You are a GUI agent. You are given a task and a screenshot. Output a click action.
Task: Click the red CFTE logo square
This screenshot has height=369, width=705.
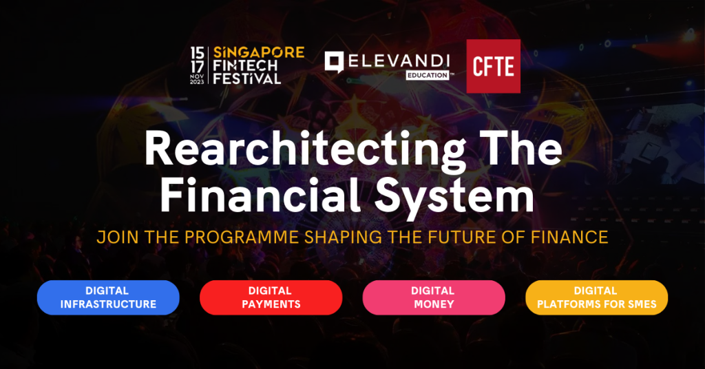tap(493, 66)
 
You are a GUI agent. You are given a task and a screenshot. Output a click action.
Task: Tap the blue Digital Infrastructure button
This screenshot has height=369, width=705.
tap(108, 297)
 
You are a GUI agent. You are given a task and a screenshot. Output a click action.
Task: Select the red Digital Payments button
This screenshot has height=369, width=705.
tap(271, 297)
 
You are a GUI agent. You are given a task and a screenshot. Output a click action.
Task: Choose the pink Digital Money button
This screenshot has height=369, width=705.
tap(434, 297)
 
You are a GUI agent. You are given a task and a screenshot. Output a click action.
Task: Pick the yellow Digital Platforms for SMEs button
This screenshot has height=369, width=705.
tap(597, 297)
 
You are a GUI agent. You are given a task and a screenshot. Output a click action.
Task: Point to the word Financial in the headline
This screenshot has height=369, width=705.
tap(260, 195)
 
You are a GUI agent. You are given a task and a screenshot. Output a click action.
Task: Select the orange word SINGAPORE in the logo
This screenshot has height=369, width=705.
tap(259, 52)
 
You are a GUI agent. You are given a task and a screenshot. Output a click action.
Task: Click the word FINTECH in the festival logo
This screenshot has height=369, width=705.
tap(245, 65)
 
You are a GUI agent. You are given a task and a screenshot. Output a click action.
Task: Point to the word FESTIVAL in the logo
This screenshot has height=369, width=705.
tap(247, 78)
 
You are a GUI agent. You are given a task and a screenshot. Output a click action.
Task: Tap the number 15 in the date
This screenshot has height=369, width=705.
tap(197, 53)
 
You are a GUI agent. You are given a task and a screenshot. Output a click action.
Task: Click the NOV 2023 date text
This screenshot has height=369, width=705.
tap(197, 79)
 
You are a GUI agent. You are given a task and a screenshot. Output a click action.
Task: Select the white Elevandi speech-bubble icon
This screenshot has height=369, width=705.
tap(334, 61)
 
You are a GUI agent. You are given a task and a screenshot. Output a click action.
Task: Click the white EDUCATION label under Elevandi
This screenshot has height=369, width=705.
tap(428, 76)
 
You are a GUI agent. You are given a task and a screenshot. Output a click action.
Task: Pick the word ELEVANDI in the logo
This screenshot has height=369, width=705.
tap(399, 61)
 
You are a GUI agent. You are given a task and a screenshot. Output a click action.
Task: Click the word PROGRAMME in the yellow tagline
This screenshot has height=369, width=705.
tap(242, 237)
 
